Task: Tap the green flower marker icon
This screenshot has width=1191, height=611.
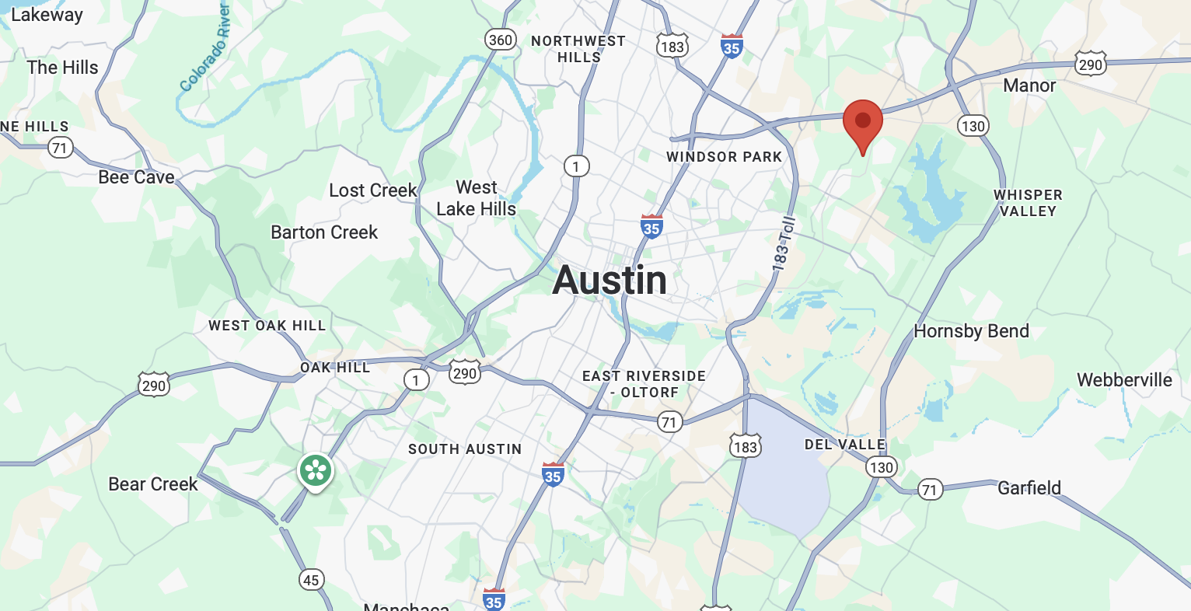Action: (x=316, y=470)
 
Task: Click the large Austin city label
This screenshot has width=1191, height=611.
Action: (x=609, y=281)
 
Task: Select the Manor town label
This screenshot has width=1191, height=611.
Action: (x=1029, y=86)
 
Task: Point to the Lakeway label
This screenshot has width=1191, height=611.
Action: (x=47, y=15)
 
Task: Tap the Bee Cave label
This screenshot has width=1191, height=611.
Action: (x=136, y=177)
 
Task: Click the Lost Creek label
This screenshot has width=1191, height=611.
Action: (x=373, y=190)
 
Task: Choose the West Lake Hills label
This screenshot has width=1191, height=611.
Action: (x=476, y=198)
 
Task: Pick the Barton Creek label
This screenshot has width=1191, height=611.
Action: (x=324, y=232)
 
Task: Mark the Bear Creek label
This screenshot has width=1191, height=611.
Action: (x=153, y=484)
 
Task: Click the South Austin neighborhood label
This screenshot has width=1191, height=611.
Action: (x=465, y=449)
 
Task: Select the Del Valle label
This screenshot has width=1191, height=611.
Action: (x=845, y=445)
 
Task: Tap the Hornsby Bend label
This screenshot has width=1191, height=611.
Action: (x=971, y=331)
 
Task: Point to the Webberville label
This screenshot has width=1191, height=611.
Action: (x=1124, y=380)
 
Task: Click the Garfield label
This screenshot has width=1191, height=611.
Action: (x=1029, y=488)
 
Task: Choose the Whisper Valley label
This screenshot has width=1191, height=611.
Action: (x=1028, y=203)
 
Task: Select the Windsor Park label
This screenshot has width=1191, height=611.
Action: (x=724, y=157)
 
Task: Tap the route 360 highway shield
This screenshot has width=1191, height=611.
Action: (x=500, y=40)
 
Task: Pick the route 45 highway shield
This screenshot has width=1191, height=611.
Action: (x=311, y=580)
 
